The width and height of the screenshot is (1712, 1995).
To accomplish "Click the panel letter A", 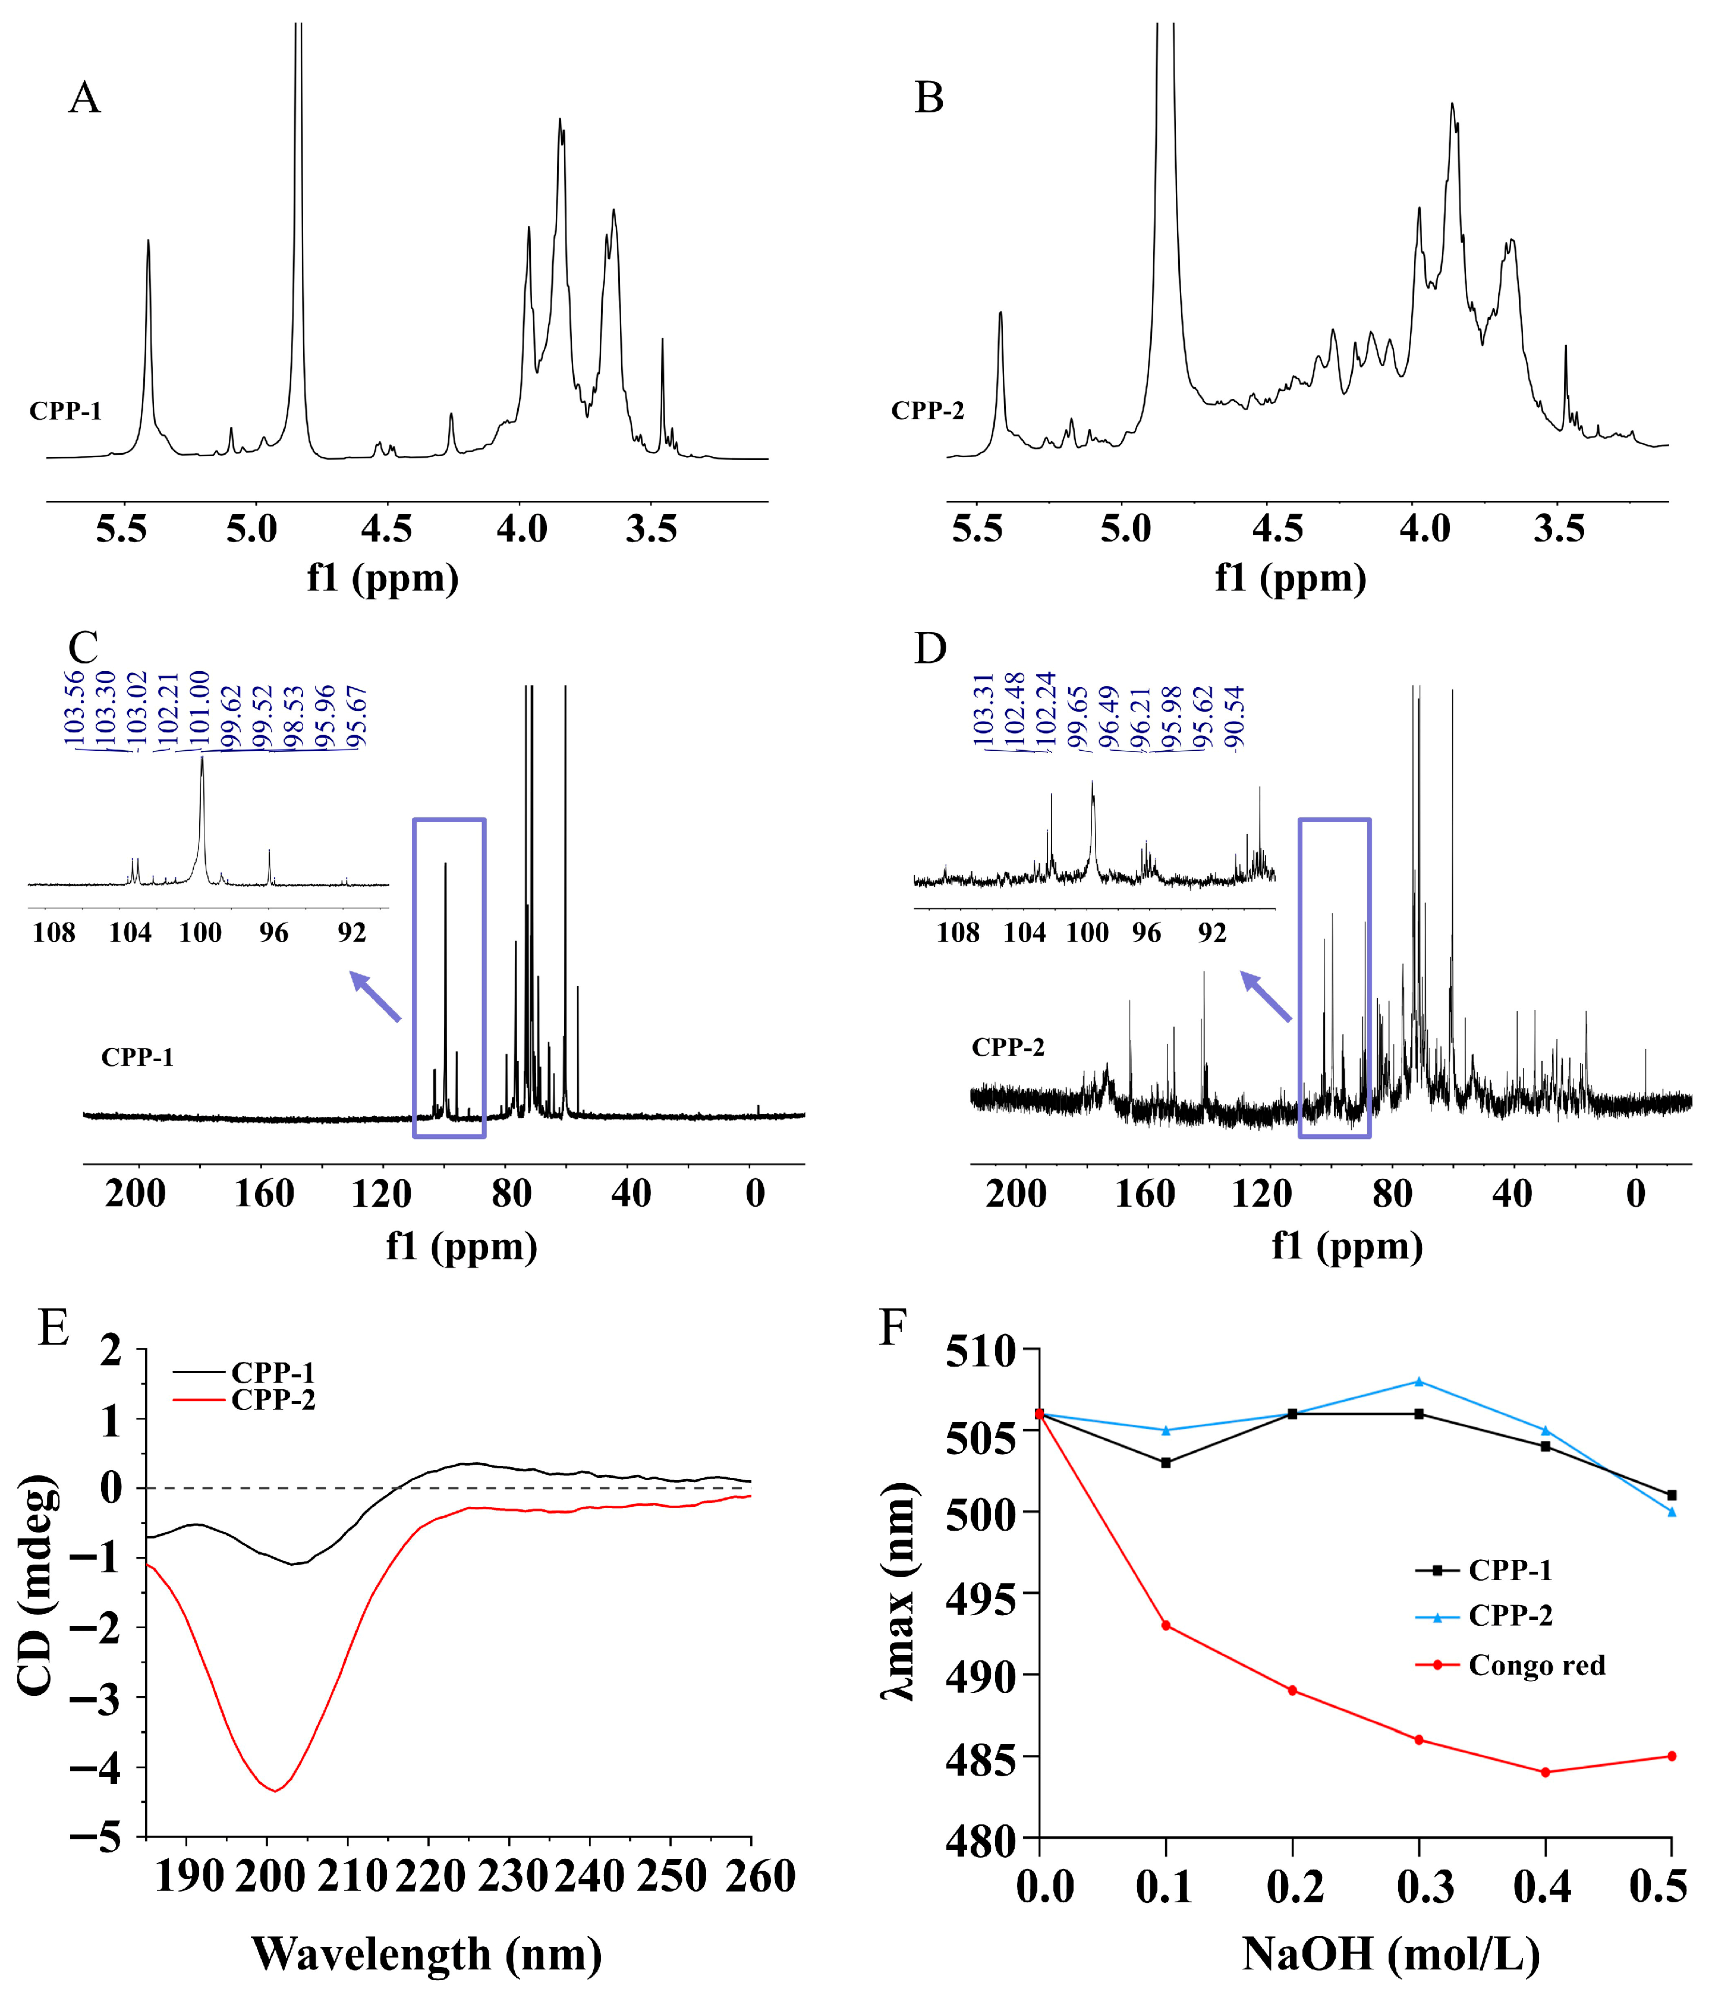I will (85, 98).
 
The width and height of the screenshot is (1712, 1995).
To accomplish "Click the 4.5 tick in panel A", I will (386, 528).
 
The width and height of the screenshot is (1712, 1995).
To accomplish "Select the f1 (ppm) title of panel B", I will (1291, 578).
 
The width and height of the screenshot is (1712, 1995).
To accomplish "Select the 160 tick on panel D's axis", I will (1145, 1194).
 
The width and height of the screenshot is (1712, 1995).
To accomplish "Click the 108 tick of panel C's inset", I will (54, 932).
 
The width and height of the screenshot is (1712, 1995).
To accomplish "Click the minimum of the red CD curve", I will (275, 1790).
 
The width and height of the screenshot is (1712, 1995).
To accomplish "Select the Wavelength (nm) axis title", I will (427, 1955).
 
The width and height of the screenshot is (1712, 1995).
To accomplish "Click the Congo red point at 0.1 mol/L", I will (1166, 1625).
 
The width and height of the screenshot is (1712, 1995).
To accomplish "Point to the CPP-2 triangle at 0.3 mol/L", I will (1418, 1382).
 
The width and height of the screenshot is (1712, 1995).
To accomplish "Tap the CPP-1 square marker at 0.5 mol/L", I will (1672, 1495).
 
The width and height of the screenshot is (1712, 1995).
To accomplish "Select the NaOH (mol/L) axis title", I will (1390, 1955).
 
